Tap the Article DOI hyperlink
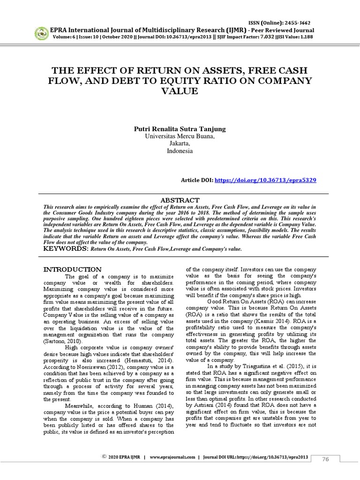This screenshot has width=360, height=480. [265, 180]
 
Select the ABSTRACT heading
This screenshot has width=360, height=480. [180, 200]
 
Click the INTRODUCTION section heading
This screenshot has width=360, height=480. [72, 270]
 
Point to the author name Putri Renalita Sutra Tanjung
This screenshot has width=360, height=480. [180, 129]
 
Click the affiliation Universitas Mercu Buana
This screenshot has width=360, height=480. [180, 136]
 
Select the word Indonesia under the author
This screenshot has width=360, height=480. [180, 151]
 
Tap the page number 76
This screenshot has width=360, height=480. [325, 460]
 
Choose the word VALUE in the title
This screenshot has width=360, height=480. [180, 91]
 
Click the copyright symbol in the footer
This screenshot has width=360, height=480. [104, 456]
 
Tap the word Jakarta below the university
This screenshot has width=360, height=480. [180, 144]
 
